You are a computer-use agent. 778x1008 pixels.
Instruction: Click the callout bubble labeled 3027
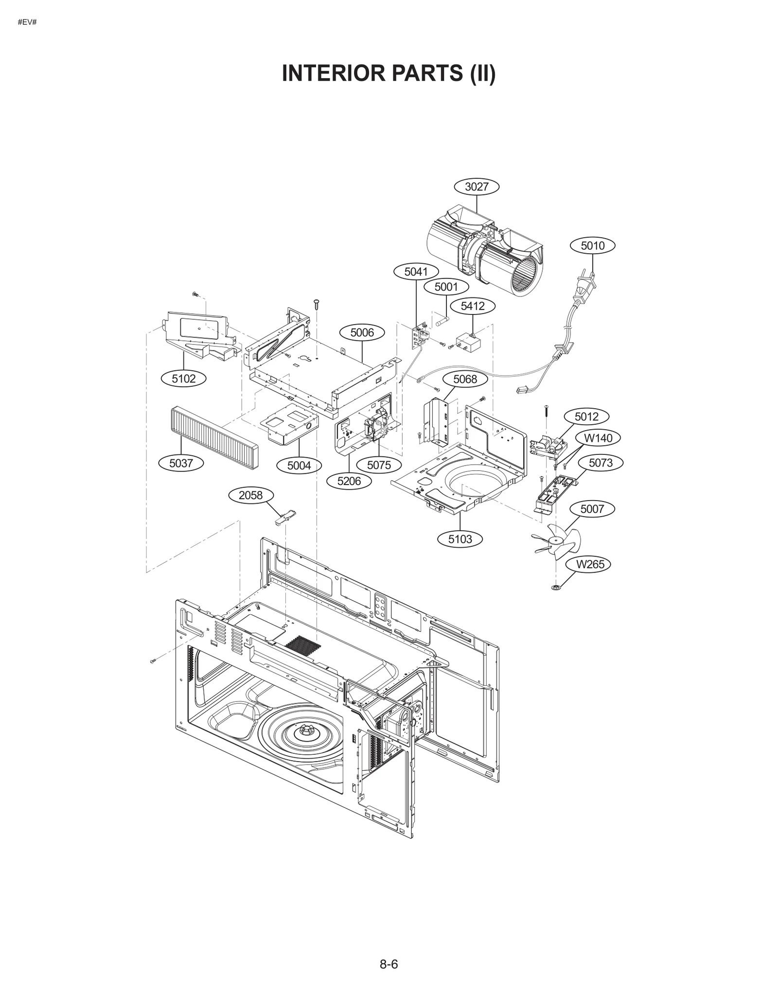coord(476,187)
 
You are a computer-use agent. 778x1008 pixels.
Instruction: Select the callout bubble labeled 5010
coord(592,245)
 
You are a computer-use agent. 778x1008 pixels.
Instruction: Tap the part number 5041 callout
coord(416,272)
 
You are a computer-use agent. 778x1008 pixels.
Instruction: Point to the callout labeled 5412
coord(473,306)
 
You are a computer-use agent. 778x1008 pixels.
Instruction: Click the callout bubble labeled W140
coord(598,438)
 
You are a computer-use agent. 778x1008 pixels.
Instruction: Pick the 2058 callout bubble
coord(250,495)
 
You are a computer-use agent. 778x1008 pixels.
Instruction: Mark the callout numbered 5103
coord(460,539)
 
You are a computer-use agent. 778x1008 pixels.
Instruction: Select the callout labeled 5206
coord(349,481)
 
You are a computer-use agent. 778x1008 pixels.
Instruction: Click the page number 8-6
coord(389,964)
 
